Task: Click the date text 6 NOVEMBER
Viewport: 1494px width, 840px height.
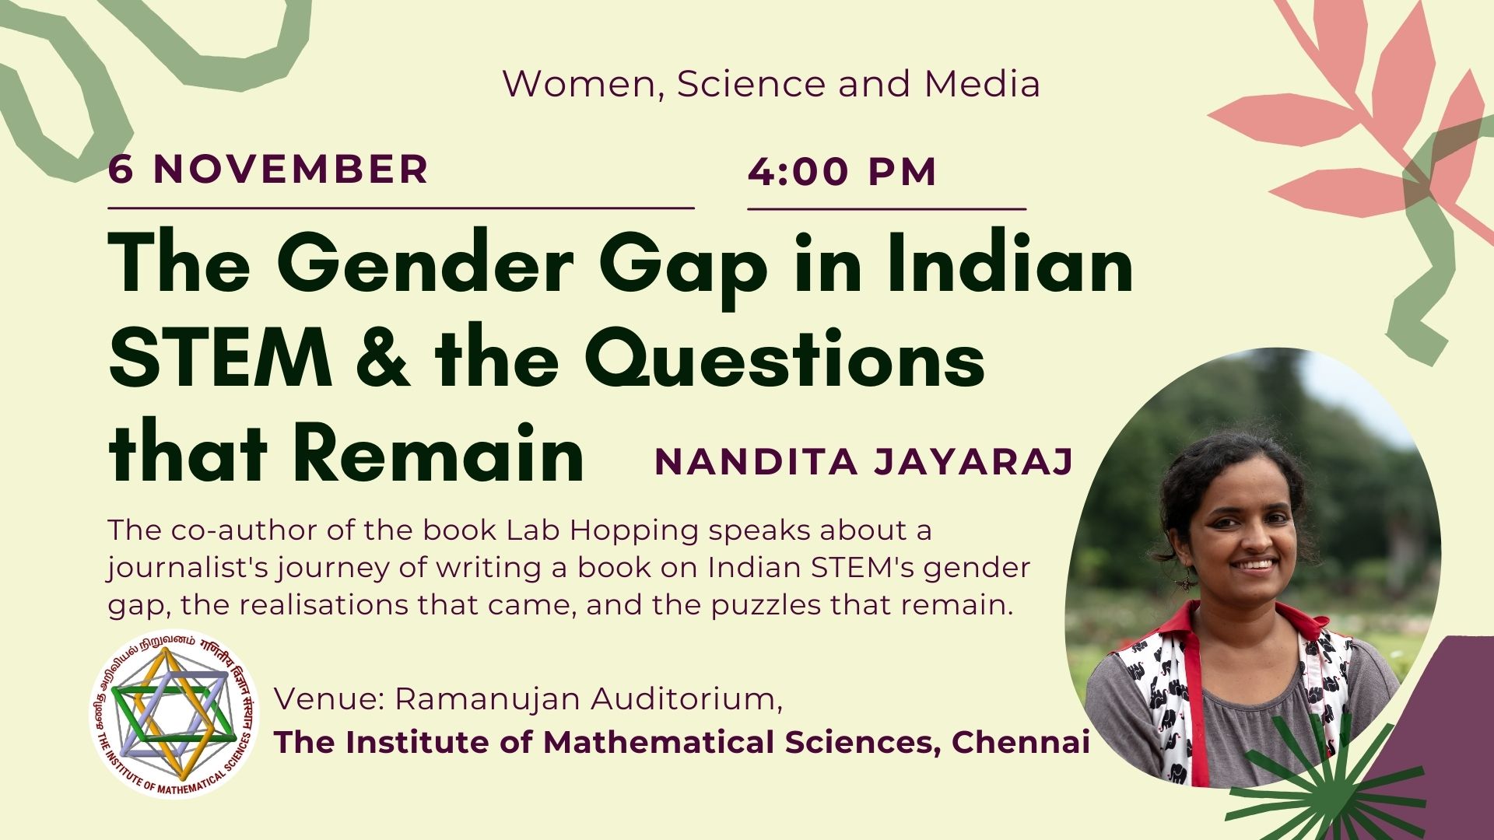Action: click(268, 170)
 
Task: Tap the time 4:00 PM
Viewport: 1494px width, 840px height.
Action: click(843, 172)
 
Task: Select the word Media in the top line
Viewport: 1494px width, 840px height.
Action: click(982, 84)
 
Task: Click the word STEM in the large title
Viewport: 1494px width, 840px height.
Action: click(221, 359)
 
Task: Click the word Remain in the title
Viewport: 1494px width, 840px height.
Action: click(440, 453)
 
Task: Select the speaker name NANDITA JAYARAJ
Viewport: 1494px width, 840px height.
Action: click(864, 461)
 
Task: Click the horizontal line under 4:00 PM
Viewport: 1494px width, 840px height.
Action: click(887, 209)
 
